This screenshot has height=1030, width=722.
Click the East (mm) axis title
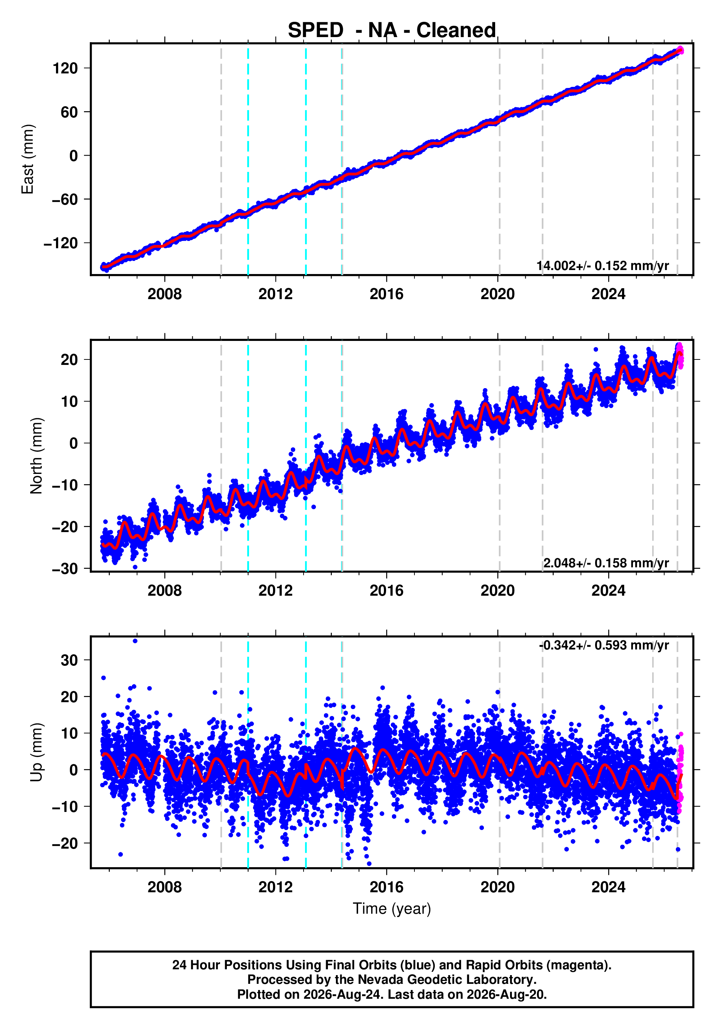[x=27, y=159]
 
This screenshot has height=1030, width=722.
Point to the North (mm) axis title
[x=36, y=456]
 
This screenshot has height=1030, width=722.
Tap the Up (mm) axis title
[x=36, y=752]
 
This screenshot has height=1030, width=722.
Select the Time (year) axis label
[x=392, y=908]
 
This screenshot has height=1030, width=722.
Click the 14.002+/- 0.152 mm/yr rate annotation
[x=603, y=266]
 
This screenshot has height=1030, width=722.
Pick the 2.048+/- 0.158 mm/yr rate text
[x=606, y=563]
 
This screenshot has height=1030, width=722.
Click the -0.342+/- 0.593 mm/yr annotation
[x=604, y=645]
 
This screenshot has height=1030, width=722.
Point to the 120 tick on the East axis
[x=65, y=68]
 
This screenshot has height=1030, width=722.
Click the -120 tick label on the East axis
[x=61, y=243]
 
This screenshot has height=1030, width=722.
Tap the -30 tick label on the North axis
[x=65, y=568]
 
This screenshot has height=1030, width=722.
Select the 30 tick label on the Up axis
[x=69, y=660]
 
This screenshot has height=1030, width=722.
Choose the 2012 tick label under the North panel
[x=276, y=590]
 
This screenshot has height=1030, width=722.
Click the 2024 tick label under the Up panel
[x=609, y=887]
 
